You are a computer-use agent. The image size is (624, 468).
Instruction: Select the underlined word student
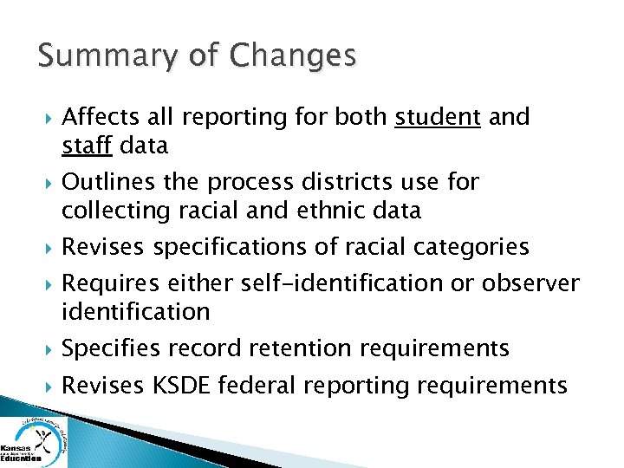[x=438, y=117]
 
